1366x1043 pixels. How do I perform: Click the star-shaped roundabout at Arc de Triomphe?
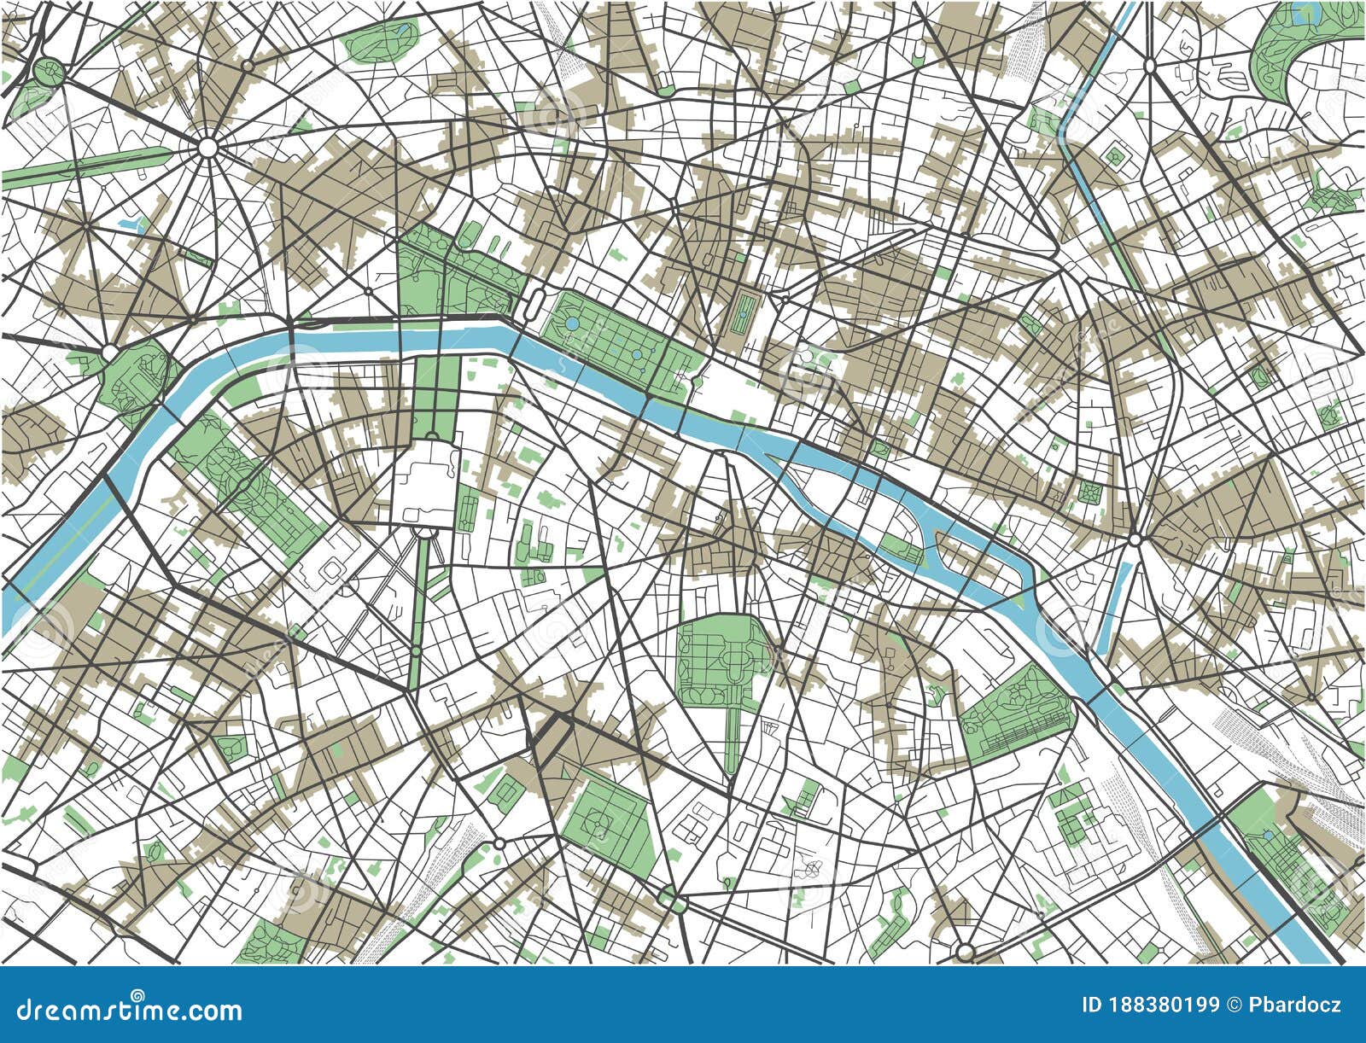(207, 148)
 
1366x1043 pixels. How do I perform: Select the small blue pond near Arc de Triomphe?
(132, 223)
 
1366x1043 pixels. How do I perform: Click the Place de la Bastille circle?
(1134, 539)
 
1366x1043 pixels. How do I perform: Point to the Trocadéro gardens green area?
(137, 376)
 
